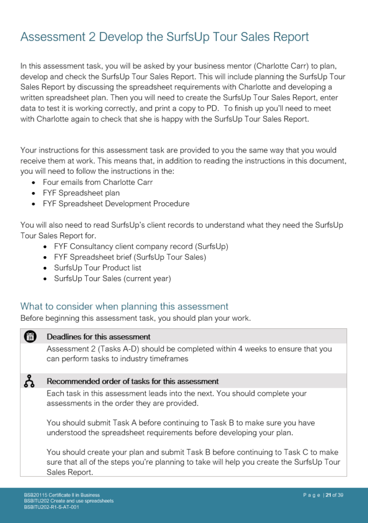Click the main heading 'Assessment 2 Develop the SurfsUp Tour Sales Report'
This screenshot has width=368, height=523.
[x=164, y=37]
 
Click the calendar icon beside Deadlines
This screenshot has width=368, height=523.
[x=30, y=336]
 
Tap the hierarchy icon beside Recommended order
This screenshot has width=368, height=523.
[x=30, y=381]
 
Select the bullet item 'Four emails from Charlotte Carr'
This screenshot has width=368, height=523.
[x=98, y=182]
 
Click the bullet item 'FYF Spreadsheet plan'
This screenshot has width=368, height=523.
[x=81, y=193]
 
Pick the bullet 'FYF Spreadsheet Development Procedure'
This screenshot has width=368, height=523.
[x=116, y=204]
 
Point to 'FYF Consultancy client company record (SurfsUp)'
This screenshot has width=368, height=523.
[x=141, y=246]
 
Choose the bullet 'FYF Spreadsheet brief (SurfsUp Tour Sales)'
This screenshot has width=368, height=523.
[x=130, y=257]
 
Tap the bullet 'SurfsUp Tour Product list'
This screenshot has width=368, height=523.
[x=98, y=268]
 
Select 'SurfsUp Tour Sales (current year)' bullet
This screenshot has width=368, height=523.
[x=112, y=279]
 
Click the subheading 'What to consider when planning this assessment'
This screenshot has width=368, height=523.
[x=124, y=307]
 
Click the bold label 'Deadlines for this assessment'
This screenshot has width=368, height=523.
[x=98, y=337]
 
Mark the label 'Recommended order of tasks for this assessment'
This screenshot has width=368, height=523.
[x=133, y=381]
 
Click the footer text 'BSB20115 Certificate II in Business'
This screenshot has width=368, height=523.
[x=61, y=495]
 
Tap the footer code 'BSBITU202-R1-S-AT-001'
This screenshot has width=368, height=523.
[x=51, y=507]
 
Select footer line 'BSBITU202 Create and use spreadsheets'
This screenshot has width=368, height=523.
[x=68, y=501]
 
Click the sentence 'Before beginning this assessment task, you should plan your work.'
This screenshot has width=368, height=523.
[x=135, y=318]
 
